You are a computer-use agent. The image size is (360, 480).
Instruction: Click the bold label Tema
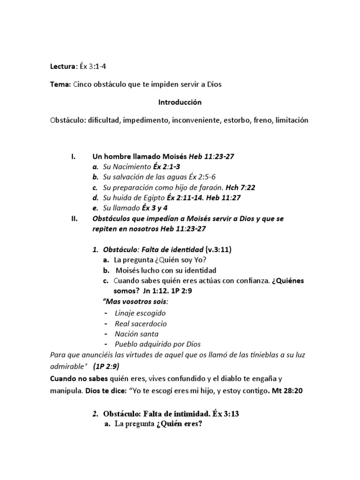pos(60,84)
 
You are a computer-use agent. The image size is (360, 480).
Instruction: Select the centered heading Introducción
pos(180,102)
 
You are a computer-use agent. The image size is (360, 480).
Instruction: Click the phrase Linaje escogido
pos(140,313)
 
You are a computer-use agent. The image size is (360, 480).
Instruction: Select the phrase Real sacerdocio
pos(141,323)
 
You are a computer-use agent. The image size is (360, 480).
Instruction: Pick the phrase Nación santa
pos(136,334)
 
